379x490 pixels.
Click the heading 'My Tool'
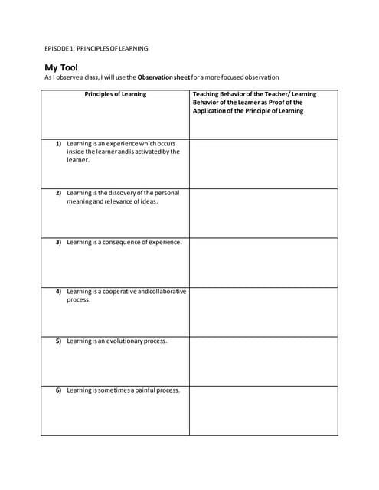pyautogui.click(x=61, y=67)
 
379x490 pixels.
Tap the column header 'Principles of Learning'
pyautogui.click(x=115, y=95)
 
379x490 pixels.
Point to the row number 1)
pyautogui.click(x=58, y=143)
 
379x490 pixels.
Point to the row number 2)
pyautogui.click(x=58, y=193)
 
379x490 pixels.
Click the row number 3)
pyautogui.click(x=58, y=242)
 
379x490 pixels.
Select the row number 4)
pyautogui.click(x=58, y=292)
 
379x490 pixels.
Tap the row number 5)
pyautogui.click(x=58, y=341)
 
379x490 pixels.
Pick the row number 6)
pyautogui.click(x=58, y=390)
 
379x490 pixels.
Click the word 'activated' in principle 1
pyautogui.click(x=143, y=152)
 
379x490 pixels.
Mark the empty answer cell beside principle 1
pyautogui.click(x=263, y=164)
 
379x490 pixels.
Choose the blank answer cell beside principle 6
pyautogui.click(x=263, y=410)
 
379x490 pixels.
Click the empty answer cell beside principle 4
pyautogui.click(x=263, y=312)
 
